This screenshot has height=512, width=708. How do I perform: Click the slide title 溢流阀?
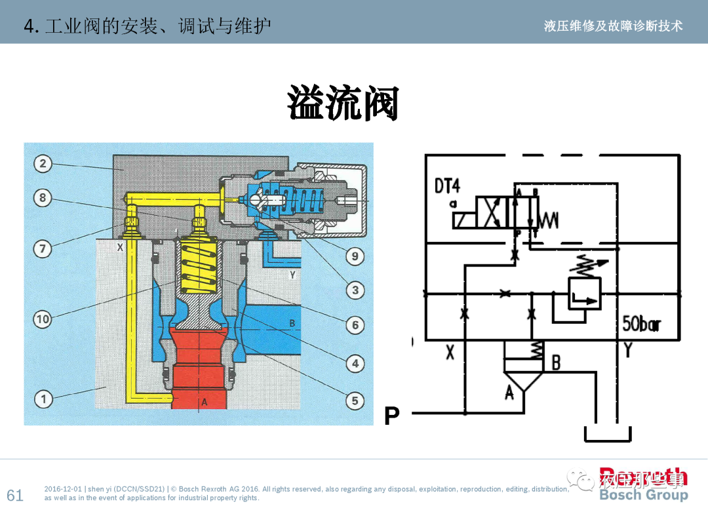click(343, 104)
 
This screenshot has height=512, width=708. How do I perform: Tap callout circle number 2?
click(43, 163)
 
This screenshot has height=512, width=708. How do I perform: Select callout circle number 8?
click(43, 197)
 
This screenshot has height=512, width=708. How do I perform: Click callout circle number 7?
click(43, 248)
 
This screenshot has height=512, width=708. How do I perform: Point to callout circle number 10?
click(43, 319)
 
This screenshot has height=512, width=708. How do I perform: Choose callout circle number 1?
click(43, 399)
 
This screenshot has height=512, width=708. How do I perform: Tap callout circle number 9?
click(355, 256)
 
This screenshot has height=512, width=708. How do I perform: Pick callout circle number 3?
click(355, 290)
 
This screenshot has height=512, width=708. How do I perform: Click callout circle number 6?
click(355, 325)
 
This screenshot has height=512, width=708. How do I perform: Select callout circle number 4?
click(355, 363)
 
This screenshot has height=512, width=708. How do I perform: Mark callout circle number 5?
click(355, 401)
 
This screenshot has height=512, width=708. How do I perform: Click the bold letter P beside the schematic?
click(391, 416)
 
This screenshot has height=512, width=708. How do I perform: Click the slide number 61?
click(14, 495)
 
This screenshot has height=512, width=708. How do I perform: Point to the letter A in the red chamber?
click(204, 402)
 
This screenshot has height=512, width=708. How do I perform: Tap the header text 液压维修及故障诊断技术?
click(613, 26)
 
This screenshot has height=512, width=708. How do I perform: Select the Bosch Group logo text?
click(643, 495)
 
